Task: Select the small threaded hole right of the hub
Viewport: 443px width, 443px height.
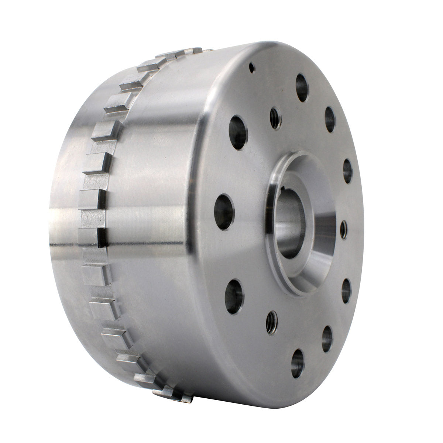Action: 343,229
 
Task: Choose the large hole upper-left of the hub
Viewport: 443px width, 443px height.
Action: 238,133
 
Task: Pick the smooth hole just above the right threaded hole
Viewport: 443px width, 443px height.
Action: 347,171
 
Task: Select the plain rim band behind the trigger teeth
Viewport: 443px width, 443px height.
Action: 66,221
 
